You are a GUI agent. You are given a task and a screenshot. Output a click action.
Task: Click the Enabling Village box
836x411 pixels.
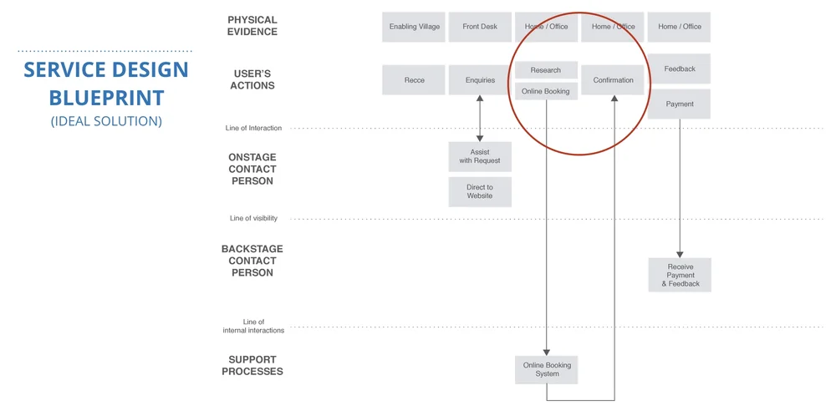414,27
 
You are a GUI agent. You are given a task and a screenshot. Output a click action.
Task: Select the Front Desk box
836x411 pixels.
480,27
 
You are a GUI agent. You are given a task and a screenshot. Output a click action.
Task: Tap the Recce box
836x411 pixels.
414,80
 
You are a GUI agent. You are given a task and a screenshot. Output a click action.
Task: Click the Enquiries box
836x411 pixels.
480,80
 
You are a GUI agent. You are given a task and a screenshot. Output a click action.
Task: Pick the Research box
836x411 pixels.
546,70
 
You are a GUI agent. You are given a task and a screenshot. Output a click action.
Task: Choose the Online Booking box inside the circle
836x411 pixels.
546,91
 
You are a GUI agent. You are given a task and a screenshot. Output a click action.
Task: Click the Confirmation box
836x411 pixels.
613,80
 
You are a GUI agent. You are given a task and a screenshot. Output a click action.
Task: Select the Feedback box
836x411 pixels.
680,69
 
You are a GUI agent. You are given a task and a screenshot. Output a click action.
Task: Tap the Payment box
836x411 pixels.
680,104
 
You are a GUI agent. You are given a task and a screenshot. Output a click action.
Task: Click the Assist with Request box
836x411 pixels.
480,156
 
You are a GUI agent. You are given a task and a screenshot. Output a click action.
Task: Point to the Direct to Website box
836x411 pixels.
480,191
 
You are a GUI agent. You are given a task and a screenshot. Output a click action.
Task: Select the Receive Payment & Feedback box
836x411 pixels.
680,275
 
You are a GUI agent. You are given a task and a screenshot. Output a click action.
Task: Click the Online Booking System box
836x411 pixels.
546,369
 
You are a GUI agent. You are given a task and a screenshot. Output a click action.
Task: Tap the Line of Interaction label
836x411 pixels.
253,129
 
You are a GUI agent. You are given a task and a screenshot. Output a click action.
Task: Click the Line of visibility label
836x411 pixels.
253,219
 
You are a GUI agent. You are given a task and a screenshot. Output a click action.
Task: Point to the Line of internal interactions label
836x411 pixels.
253,326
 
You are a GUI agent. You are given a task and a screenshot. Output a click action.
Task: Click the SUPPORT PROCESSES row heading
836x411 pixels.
252,365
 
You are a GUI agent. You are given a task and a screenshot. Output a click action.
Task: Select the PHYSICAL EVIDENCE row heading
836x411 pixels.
252,26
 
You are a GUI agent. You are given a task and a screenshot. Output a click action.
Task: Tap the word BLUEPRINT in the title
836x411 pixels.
106,97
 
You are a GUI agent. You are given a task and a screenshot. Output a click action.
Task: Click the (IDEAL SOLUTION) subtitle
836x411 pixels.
106,121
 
